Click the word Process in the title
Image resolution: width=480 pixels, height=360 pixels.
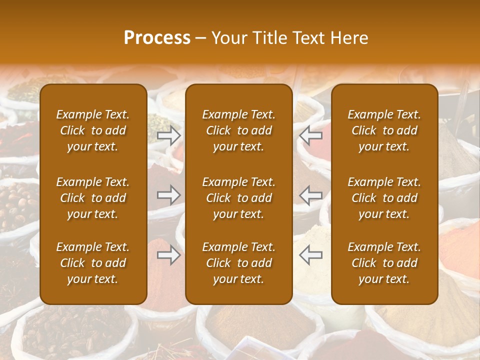click(157, 38)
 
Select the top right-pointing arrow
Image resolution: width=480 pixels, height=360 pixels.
click(169, 135)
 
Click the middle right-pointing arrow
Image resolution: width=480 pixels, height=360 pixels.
click(169, 195)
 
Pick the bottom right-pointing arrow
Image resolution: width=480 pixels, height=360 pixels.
click(169, 255)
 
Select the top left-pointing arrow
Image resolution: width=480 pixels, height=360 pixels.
click(311, 135)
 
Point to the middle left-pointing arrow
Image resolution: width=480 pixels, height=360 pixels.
click(311, 195)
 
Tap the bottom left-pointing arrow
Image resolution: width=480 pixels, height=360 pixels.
click(311, 255)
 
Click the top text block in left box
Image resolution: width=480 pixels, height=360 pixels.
click(93, 130)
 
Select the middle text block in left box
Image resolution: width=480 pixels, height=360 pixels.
click(93, 198)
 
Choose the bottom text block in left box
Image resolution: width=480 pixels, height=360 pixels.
click(93, 263)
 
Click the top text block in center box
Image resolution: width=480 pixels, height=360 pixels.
click(239, 130)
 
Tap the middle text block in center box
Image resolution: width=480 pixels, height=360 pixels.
click(239, 198)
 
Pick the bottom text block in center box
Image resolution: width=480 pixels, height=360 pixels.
click(239, 263)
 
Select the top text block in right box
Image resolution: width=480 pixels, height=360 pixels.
click(384, 130)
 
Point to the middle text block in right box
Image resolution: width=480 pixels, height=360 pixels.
click(384, 198)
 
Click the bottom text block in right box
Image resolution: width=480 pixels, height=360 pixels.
click(384, 263)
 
